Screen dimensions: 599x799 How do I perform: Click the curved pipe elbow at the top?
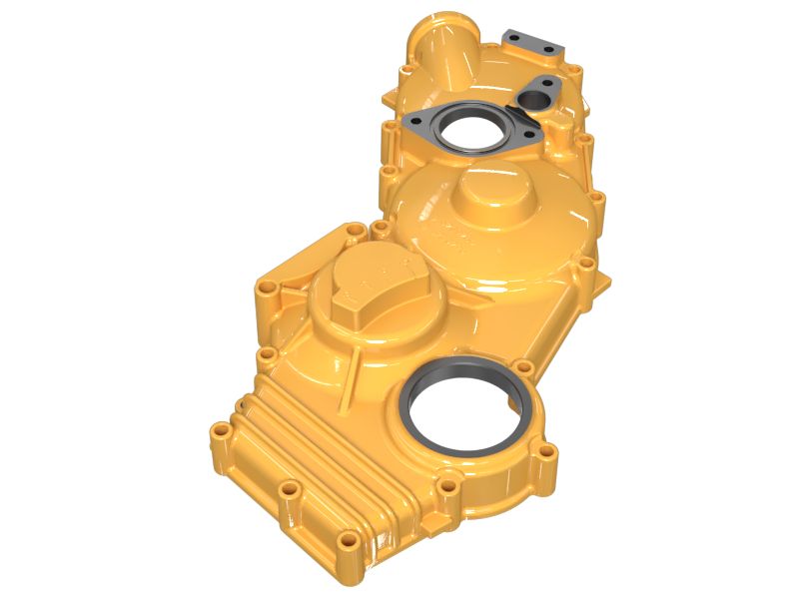439,50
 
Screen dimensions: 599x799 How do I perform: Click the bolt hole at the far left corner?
263,291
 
